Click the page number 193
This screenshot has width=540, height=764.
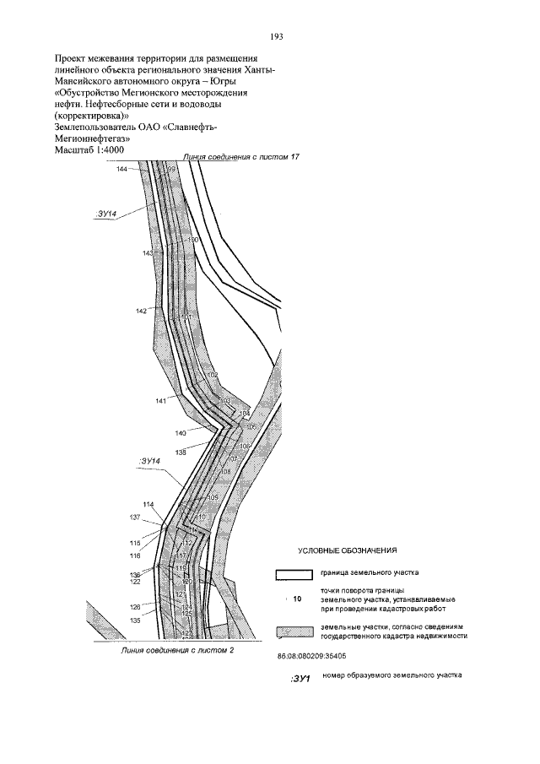(x=275, y=36)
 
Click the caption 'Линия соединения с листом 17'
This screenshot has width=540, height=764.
(x=241, y=158)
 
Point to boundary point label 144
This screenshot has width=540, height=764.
(x=122, y=170)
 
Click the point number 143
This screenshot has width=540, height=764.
(x=148, y=253)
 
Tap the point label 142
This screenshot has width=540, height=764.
(x=141, y=312)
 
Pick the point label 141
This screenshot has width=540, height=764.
(x=160, y=401)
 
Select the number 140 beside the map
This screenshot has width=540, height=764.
(x=181, y=433)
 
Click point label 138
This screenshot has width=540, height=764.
(x=181, y=452)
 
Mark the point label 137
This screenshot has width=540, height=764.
(x=134, y=517)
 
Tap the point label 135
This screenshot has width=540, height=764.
(x=134, y=620)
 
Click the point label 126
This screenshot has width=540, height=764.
(x=134, y=607)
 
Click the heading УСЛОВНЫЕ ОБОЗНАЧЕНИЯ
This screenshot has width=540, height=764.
(x=348, y=550)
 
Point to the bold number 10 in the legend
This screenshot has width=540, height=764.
(x=296, y=599)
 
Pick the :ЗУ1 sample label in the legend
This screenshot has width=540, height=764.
(x=300, y=678)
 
